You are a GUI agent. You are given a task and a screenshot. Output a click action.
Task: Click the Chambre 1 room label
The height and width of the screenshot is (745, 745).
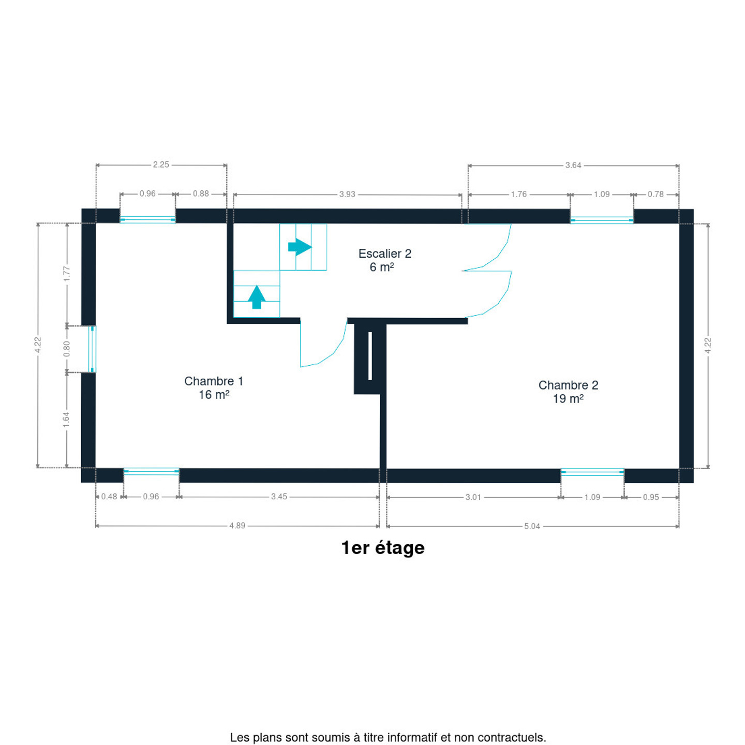[x=213, y=388]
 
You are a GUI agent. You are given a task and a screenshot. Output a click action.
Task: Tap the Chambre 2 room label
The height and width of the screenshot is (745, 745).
[x=568, y=391]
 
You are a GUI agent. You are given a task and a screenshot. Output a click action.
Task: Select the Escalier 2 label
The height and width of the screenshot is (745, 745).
[x=385, y=260]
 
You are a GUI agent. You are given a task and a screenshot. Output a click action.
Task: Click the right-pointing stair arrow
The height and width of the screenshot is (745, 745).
[x=300, y=247]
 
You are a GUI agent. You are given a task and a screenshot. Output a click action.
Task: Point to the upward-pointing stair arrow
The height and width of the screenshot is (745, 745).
[x=257, y=297]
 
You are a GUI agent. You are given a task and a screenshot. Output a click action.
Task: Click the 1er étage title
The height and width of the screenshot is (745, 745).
[x=383, y=547]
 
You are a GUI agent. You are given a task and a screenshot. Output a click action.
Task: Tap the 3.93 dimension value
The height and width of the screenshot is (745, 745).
[x=347, y=194]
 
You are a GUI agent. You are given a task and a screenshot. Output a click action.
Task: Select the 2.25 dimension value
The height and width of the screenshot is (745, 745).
[x=161, y=165]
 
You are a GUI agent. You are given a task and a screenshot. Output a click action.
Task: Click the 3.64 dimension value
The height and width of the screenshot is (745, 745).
[x=573, y=166]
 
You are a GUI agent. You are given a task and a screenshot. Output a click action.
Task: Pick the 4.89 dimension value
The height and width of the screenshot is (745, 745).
[x=237, y=526]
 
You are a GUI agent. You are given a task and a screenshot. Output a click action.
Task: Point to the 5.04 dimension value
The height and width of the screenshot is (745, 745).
[x=532, y=526]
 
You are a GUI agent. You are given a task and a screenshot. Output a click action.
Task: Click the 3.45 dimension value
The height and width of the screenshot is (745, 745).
[x=279, y=497]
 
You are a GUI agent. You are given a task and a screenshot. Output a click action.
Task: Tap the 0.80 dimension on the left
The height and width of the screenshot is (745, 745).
[x=67, y=349]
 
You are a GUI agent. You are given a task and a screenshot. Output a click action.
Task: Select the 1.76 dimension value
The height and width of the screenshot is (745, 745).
[x=519, y=194]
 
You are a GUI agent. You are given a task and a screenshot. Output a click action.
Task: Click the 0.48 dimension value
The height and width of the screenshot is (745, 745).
[x=109, y=497]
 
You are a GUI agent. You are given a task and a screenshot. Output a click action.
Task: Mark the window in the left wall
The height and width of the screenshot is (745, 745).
[x=93, y=349]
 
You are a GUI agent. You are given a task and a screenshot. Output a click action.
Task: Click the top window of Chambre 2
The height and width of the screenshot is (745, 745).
[x=602, y=220]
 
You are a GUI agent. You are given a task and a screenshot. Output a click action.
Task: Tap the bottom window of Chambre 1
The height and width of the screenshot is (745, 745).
[x=151, y=471]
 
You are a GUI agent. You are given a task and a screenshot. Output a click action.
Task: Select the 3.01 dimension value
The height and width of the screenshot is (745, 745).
[x=473, y=497]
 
